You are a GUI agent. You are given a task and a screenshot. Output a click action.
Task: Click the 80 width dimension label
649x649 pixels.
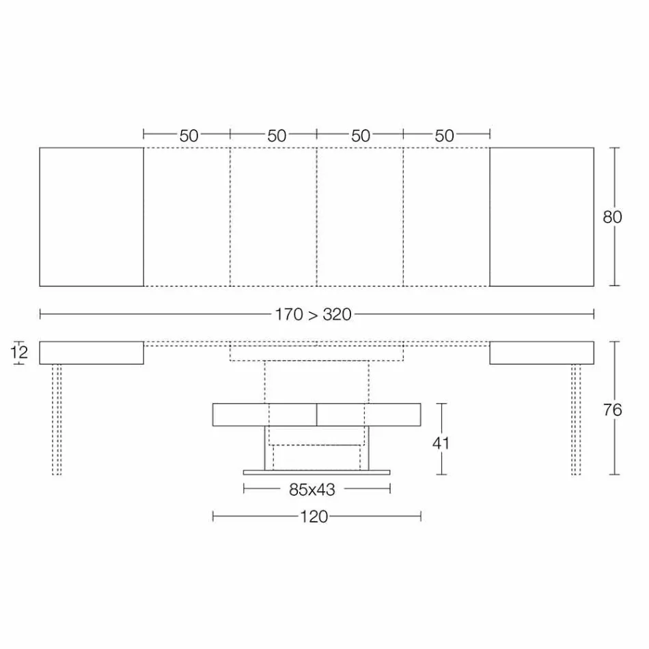[612, 217]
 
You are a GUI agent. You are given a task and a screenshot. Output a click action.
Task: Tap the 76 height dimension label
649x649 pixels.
[613, 410]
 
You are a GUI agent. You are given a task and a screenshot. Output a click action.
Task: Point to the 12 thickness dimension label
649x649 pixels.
[20, 353]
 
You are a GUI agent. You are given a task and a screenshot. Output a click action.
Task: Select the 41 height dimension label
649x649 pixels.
[441, 443]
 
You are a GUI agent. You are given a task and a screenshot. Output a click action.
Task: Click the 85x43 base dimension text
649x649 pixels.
[316, 489]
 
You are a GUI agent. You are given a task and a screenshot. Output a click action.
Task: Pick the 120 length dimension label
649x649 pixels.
[314, 517]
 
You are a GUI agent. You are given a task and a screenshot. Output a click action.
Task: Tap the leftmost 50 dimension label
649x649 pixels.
[189, 135]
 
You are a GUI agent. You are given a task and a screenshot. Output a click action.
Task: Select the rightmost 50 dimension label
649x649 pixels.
[444, 135]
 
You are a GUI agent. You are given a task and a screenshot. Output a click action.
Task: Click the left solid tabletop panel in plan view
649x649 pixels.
[92, 217]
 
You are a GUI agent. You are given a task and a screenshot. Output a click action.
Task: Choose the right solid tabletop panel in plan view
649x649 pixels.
[542, 217]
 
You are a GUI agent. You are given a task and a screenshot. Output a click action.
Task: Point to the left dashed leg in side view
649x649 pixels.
[57, 419]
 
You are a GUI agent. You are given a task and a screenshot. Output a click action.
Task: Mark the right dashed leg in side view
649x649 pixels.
[576, 419]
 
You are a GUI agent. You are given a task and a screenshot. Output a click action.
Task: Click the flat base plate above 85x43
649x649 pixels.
[316, 472]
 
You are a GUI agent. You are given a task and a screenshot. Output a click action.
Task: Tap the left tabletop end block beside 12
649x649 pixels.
[92, 353]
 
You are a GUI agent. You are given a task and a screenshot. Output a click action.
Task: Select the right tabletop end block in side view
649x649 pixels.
[542, 353]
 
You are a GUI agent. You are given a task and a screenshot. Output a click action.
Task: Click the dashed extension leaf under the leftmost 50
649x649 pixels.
[187, 217]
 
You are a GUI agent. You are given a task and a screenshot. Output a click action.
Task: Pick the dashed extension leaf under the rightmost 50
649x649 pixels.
[447, 217]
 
